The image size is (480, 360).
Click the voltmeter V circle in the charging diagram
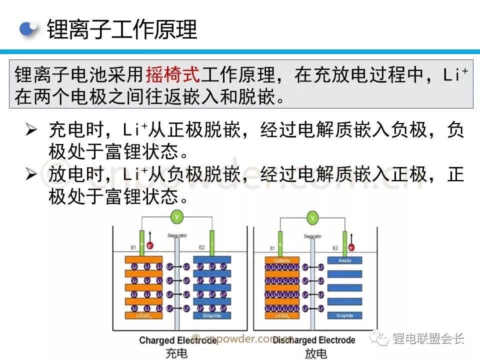(x=176, y=216)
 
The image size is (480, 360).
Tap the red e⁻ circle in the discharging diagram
(x=351, y=247)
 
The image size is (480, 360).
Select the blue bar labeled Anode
(x=344, y=260)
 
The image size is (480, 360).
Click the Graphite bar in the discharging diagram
(x=344, y=316)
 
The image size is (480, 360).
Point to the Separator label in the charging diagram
(x=177, y=235)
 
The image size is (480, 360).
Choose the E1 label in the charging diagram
(x=133, y=247)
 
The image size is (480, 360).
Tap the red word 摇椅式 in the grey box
(x=172, y=75)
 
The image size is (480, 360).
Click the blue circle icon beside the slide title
(x=28, y=29)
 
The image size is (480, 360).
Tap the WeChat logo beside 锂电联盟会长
(x=381, y=339)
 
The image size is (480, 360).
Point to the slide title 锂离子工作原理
(x=122, y=29)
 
